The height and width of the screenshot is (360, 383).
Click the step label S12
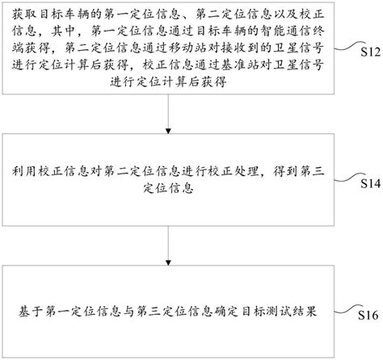coord(367,52)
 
